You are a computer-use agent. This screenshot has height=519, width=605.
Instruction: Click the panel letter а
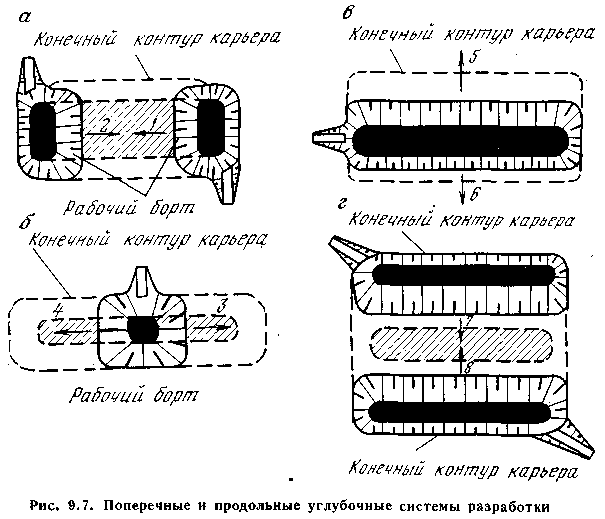click(x=25, y=17)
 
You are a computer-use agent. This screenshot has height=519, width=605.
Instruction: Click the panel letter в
click(x=347, y=14)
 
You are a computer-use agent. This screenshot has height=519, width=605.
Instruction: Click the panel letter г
click(x=341, y=204)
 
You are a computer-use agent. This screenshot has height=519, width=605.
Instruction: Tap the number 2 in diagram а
click(x=103, y=126)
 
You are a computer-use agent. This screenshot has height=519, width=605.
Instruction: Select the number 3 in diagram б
click(x=222, y=306)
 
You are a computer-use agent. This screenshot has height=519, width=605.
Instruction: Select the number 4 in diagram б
click(x=57, y=311)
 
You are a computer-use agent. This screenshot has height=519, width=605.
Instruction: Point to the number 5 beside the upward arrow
click(x=474, y=57)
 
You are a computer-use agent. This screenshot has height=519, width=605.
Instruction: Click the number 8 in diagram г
click(x=468, y=367)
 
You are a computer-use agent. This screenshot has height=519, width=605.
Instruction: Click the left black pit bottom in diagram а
click(x=43, y=131)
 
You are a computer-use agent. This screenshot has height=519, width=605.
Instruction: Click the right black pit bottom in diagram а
click(x=211, y=128)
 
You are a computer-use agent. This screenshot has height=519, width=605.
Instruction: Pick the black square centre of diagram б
click(x=143, y=329)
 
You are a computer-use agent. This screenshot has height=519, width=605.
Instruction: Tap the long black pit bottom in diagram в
click(x=460, y=141)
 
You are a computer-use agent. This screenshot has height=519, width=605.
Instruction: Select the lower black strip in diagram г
click(x=460, y=412)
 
